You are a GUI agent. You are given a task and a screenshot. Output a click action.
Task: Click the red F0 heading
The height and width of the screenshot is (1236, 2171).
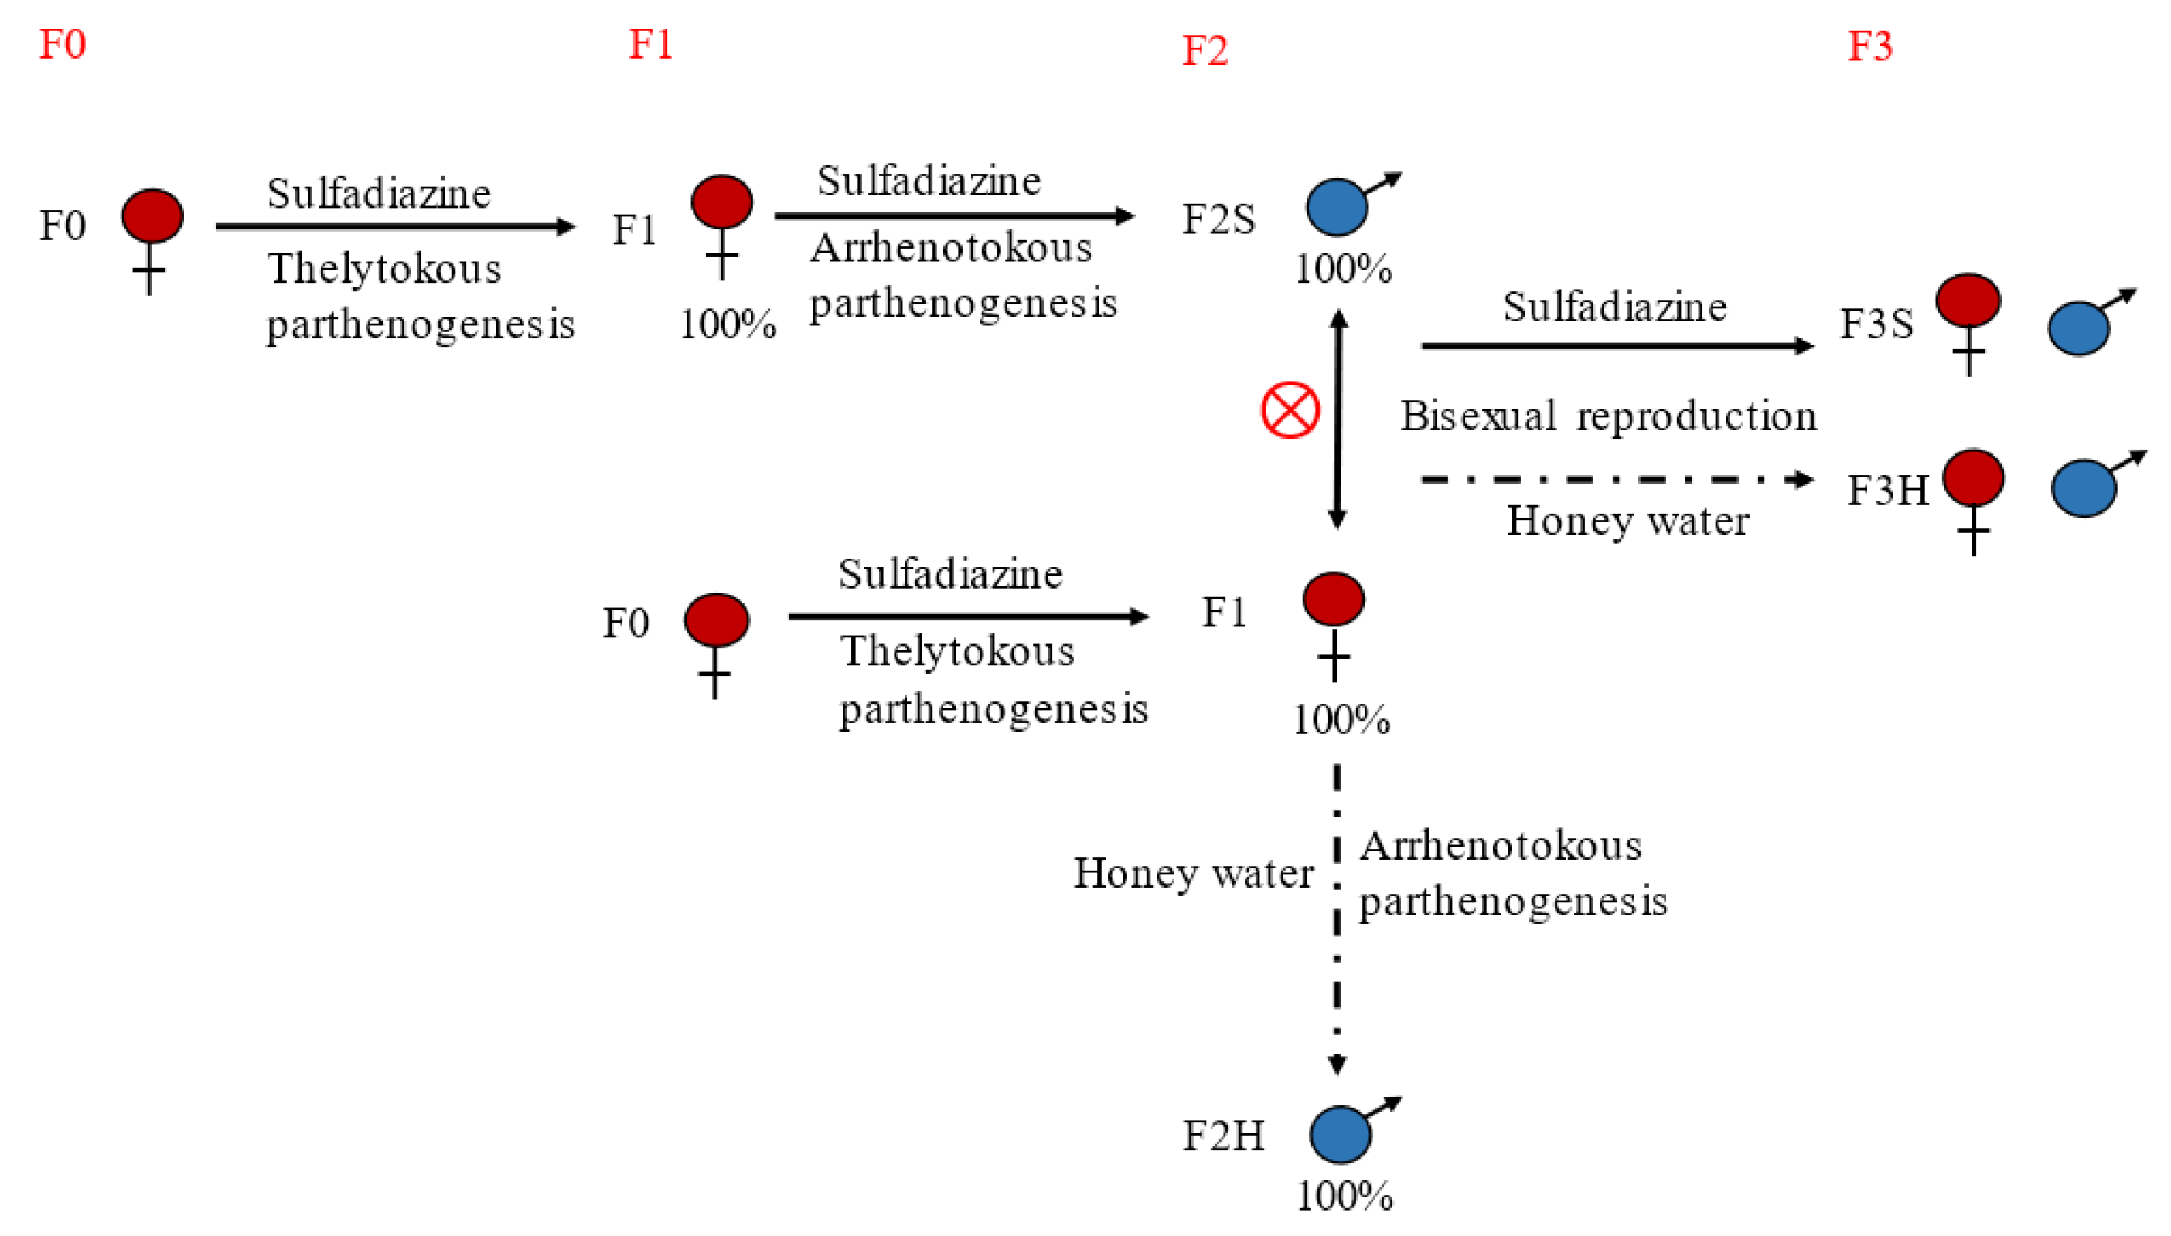pyautogui.click(x=62, y=44)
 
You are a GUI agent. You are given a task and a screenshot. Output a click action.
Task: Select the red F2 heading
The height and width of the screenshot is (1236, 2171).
pyautogui.click(x=1205, y=51)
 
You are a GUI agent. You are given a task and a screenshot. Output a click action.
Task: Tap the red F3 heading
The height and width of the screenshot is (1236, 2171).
pyautogui.click(x=1869, y=46)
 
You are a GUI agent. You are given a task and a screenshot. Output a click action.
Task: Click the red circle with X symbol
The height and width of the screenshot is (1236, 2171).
pyautogui.click(x=1290, y=411)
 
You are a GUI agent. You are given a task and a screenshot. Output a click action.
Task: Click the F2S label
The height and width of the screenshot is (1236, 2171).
pyautogui.click(x=1218, y=219)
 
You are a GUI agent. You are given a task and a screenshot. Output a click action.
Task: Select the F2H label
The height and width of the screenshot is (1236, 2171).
pyautogui.click(x=1223, y=1136)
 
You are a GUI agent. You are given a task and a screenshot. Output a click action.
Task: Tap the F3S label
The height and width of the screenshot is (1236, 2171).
pyautogui.click(x=1876, y=324)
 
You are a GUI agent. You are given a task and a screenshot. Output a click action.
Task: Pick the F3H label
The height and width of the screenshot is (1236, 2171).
pyautogui.click(x=1887, y=491)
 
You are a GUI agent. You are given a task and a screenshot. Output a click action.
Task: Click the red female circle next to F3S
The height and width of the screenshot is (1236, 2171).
pyautogui.click(x=1967, y=301)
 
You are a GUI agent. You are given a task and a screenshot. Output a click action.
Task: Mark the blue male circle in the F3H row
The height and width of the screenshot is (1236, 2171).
pyautogui.click(x=2083, y=488)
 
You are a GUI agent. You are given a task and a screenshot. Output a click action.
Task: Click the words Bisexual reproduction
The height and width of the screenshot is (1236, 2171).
pyautogui.click(x=1608, y=416)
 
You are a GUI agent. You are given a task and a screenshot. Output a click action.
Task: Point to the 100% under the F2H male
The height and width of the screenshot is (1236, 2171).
pyautogui.click(x=1344, y=1196)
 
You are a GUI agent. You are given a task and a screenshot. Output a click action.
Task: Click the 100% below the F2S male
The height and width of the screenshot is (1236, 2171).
pyautogui.click(x=1343, y=269)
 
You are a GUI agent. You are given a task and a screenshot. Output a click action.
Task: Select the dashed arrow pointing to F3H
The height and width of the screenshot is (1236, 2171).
pyautogui.click(x=1614, y=480)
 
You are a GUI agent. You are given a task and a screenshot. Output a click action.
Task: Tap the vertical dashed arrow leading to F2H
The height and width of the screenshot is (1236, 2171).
pyautogui.click(x=1337, y=917)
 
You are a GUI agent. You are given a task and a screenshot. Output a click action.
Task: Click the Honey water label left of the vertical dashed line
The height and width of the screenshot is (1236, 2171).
pyautogui.click(x=1192, y=874)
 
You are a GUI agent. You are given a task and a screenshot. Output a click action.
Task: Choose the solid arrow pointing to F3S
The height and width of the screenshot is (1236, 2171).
pyautogui.click(x=1614, y=345)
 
